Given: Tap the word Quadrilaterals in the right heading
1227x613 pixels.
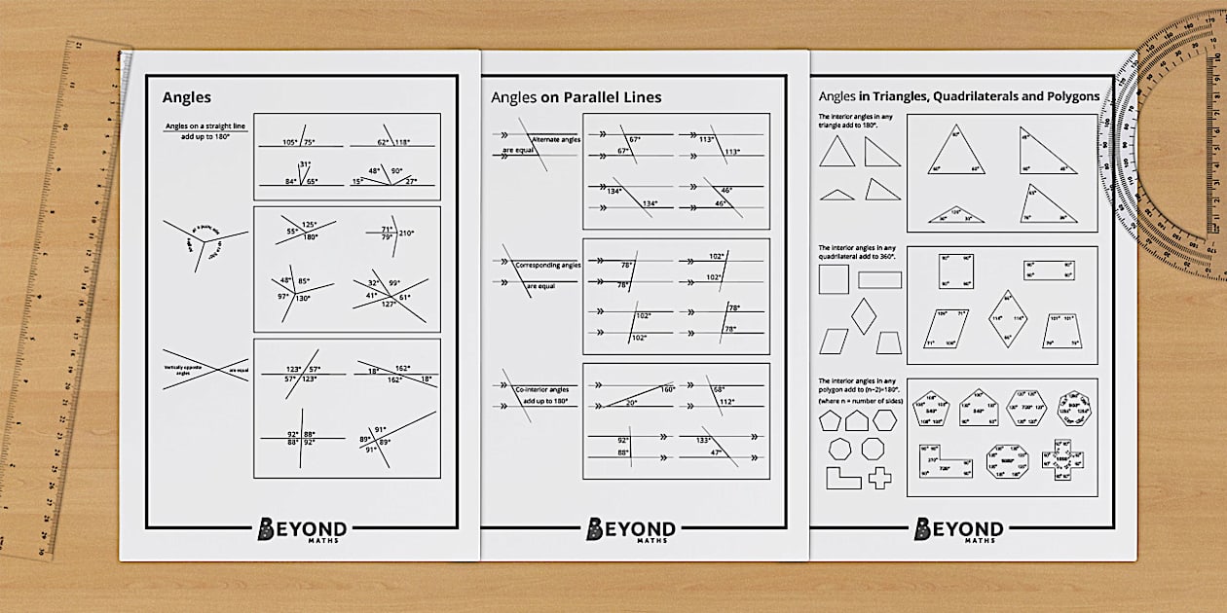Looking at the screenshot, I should click(964, 96).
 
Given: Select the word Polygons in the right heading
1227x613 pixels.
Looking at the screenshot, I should click(1071, 96).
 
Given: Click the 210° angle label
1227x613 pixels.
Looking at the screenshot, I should click(405, 234).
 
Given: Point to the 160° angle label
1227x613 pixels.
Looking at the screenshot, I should click(667, 389).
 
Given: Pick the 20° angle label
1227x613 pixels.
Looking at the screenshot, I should click(631, 403).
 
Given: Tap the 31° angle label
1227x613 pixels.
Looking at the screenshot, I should click(305, 164).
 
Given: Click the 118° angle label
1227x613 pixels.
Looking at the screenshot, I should click(401, 142).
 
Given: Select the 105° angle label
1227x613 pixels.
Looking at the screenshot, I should click(290, 142).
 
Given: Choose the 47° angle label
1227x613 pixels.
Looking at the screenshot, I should click(717, 452).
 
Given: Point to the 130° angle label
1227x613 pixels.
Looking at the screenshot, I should click(304, 298).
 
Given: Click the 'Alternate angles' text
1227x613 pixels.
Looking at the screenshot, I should click(556, 140).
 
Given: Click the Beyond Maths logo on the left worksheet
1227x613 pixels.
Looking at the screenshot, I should click(302, 529).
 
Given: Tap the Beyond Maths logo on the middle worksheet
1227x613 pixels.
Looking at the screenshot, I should click(631, 529).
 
